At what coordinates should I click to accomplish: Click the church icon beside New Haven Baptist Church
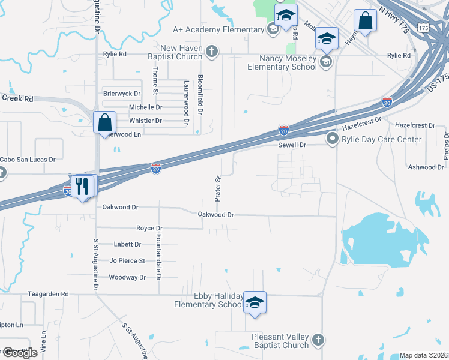pos(211,52)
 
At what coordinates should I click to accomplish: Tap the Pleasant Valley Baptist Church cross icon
pos(318,340)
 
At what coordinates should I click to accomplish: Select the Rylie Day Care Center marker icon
pos(332,139)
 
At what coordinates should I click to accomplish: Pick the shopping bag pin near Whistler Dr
pos(105,122)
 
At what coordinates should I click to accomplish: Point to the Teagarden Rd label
pos(49,295)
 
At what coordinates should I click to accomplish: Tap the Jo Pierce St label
pos(127,261)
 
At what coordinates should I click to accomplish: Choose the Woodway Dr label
pos(127,277)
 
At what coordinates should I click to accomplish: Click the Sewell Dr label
pos(292,145)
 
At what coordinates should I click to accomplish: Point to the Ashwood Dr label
pos(425,167)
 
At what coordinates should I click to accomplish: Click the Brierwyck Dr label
pos(122,94)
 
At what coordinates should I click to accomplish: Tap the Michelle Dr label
pos(146,107)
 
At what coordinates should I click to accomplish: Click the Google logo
pos(19,353)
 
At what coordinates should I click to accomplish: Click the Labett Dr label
pos(127,245)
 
